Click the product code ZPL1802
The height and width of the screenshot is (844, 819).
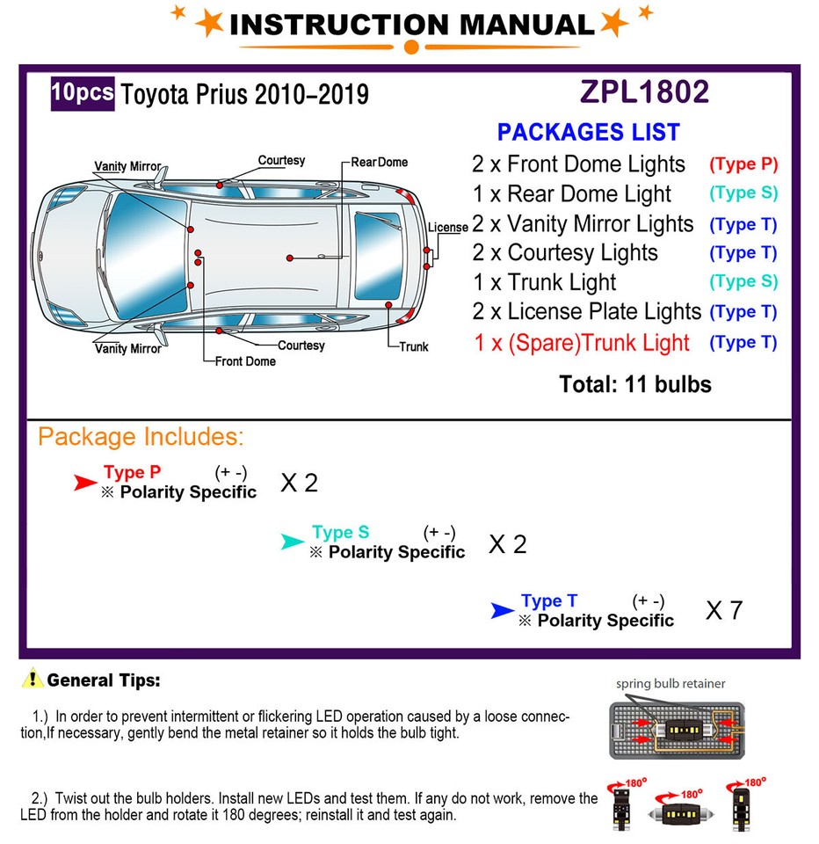(x=644, y=92)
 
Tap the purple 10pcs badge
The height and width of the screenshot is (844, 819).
(x=83, y=93)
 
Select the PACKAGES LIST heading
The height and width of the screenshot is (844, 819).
(x=588, y=133)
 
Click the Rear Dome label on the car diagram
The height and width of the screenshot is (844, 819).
(x=380, y=162)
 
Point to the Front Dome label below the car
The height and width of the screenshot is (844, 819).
(x=245, y=361)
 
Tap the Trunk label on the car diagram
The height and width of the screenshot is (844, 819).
(x=413, y=346)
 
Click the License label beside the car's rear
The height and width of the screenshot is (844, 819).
(x=448, y=228)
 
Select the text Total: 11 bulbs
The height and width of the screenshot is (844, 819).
(x=634, y=384)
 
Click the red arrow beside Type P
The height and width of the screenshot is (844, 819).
(x=84, y=482)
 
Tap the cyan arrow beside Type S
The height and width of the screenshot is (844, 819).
(x=292, y=542)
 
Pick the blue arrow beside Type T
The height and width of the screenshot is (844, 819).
(x=502, y=610)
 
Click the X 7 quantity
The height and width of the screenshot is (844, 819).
(x=724, y=610)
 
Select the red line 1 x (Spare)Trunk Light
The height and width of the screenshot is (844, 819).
(x=582, y=343)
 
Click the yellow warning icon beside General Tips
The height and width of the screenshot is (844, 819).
(x=33, y=679)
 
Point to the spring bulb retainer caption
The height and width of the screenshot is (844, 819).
(x=670, y=683)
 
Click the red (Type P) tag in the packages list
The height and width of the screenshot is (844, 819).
(x=743, y=164)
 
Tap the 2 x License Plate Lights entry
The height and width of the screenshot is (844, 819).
(x=586, y=312)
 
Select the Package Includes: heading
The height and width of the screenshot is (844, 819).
(x=141, y=437)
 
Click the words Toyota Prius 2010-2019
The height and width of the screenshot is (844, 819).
(x=244, y=95)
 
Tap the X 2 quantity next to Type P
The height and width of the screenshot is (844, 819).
(x=299, y=483)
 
